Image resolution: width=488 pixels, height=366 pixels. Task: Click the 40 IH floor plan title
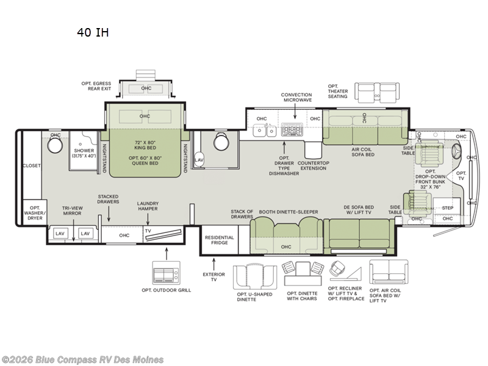[93, 32]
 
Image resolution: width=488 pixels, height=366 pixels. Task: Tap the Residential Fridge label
[220, 240]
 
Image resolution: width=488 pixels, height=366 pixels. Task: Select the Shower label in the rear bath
[84, 150]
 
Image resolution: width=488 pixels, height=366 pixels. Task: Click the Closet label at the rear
[32, 165]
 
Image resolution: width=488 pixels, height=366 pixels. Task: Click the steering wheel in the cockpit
[456, 152]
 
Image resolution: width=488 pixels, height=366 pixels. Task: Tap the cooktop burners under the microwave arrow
[292, 129]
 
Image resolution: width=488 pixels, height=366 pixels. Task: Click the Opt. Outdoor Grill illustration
[166, 272]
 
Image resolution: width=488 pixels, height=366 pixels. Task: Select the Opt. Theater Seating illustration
[377, 93]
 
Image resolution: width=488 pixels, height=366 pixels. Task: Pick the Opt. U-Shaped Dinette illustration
[255, 277]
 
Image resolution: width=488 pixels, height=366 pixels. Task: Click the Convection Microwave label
[296, 98]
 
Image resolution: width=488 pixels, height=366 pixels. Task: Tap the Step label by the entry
[448, 208]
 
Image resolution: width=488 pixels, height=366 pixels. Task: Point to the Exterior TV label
[214, 277]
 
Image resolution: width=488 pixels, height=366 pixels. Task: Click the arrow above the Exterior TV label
[214, 264]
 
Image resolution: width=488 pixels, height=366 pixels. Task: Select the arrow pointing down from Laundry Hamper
[148, 219]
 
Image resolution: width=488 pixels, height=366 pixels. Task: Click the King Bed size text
[145, 145]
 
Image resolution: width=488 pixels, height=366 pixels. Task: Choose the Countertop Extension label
[314, 165]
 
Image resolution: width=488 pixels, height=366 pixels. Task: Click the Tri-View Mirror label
[72, 210]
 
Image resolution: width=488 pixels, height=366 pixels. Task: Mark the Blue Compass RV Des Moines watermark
[82, 360]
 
